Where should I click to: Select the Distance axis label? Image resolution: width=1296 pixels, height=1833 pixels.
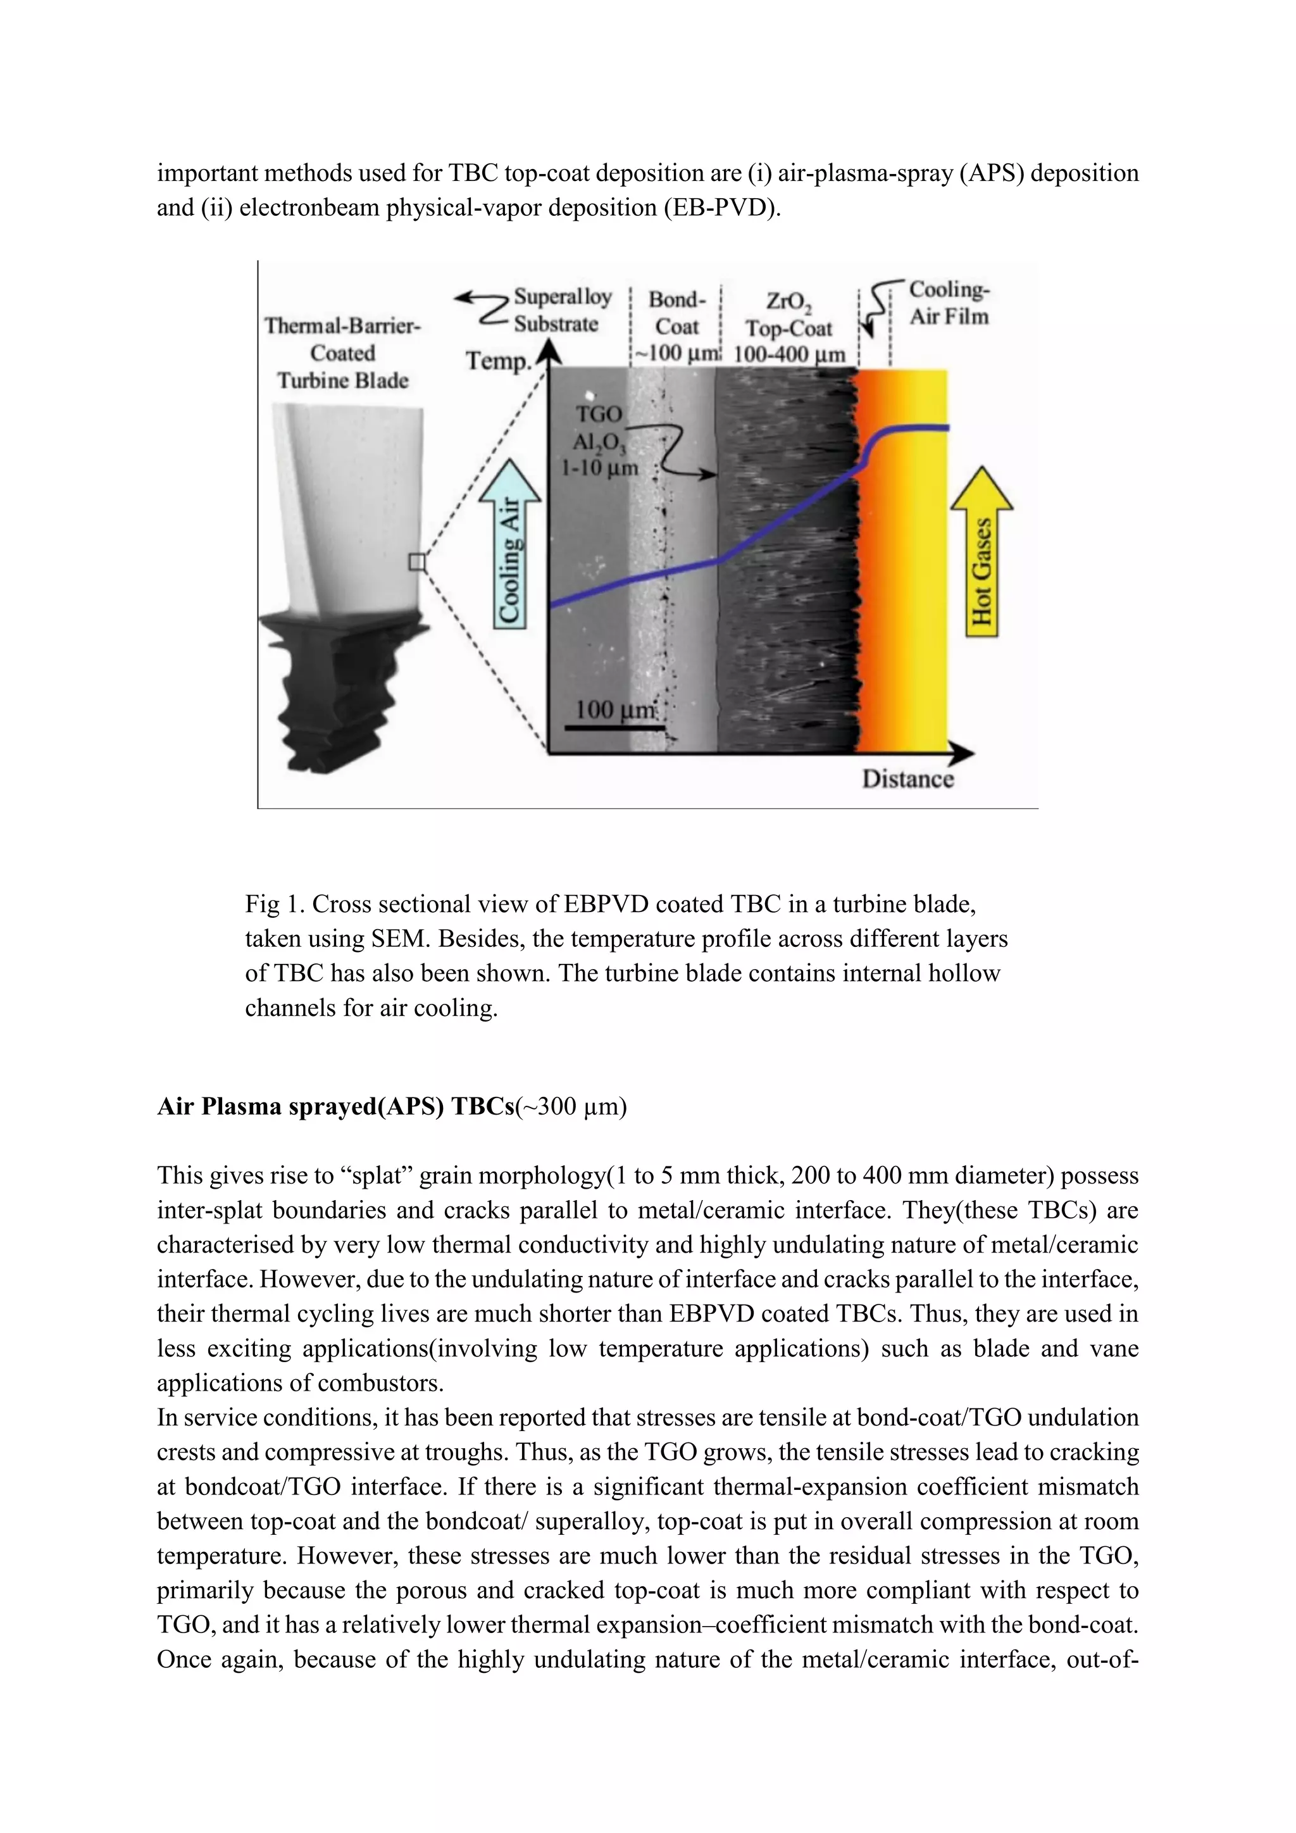click(907, 779)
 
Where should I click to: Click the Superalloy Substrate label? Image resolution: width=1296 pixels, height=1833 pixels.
click(561, 311)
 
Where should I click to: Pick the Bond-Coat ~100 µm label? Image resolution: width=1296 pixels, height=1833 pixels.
click(676, 327)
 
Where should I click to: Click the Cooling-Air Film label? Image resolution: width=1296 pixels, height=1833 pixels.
click(948, 303)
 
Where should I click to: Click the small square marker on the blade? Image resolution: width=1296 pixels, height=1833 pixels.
click(416, 563)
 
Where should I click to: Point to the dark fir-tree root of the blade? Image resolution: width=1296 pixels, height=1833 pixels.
click(335, 687)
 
